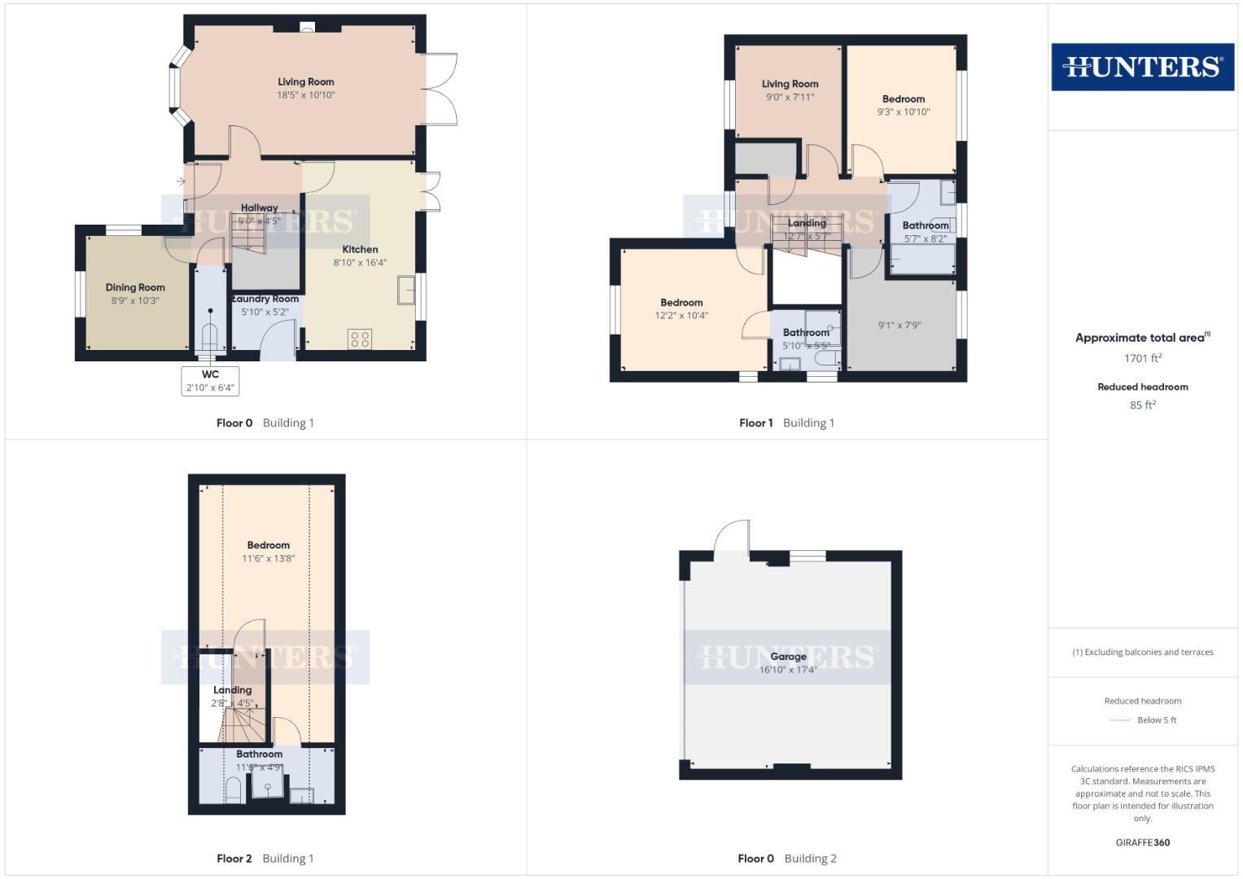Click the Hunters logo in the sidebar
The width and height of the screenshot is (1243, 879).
click(1142, 67)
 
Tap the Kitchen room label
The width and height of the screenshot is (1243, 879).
click(360, 250)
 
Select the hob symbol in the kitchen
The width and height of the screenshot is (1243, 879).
click(360, 339)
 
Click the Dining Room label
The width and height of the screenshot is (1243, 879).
click(135, 287)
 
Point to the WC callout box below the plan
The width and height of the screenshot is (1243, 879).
click(210, 381)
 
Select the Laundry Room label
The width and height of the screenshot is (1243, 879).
click(265, 299)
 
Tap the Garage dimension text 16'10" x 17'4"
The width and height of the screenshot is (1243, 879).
click(788, 670)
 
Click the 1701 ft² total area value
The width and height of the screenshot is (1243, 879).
click(1142, 358)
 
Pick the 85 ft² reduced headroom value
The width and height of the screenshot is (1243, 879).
click(1142, 405)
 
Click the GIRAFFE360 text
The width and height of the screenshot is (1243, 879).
click(1142, 842)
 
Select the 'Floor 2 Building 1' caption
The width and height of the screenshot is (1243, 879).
click(265, 858)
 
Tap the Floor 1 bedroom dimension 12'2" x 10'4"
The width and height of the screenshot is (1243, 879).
click(681, 316)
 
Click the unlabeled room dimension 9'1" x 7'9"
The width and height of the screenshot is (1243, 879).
click(899, 326)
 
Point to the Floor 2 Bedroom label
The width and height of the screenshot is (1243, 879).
click(268, 545)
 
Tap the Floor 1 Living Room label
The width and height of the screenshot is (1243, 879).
click(790, 84)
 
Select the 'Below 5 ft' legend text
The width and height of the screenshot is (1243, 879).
click(1157, 720)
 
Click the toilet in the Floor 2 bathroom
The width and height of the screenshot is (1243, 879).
click(233, 789)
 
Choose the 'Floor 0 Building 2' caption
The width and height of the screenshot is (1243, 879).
click(787, 858)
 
